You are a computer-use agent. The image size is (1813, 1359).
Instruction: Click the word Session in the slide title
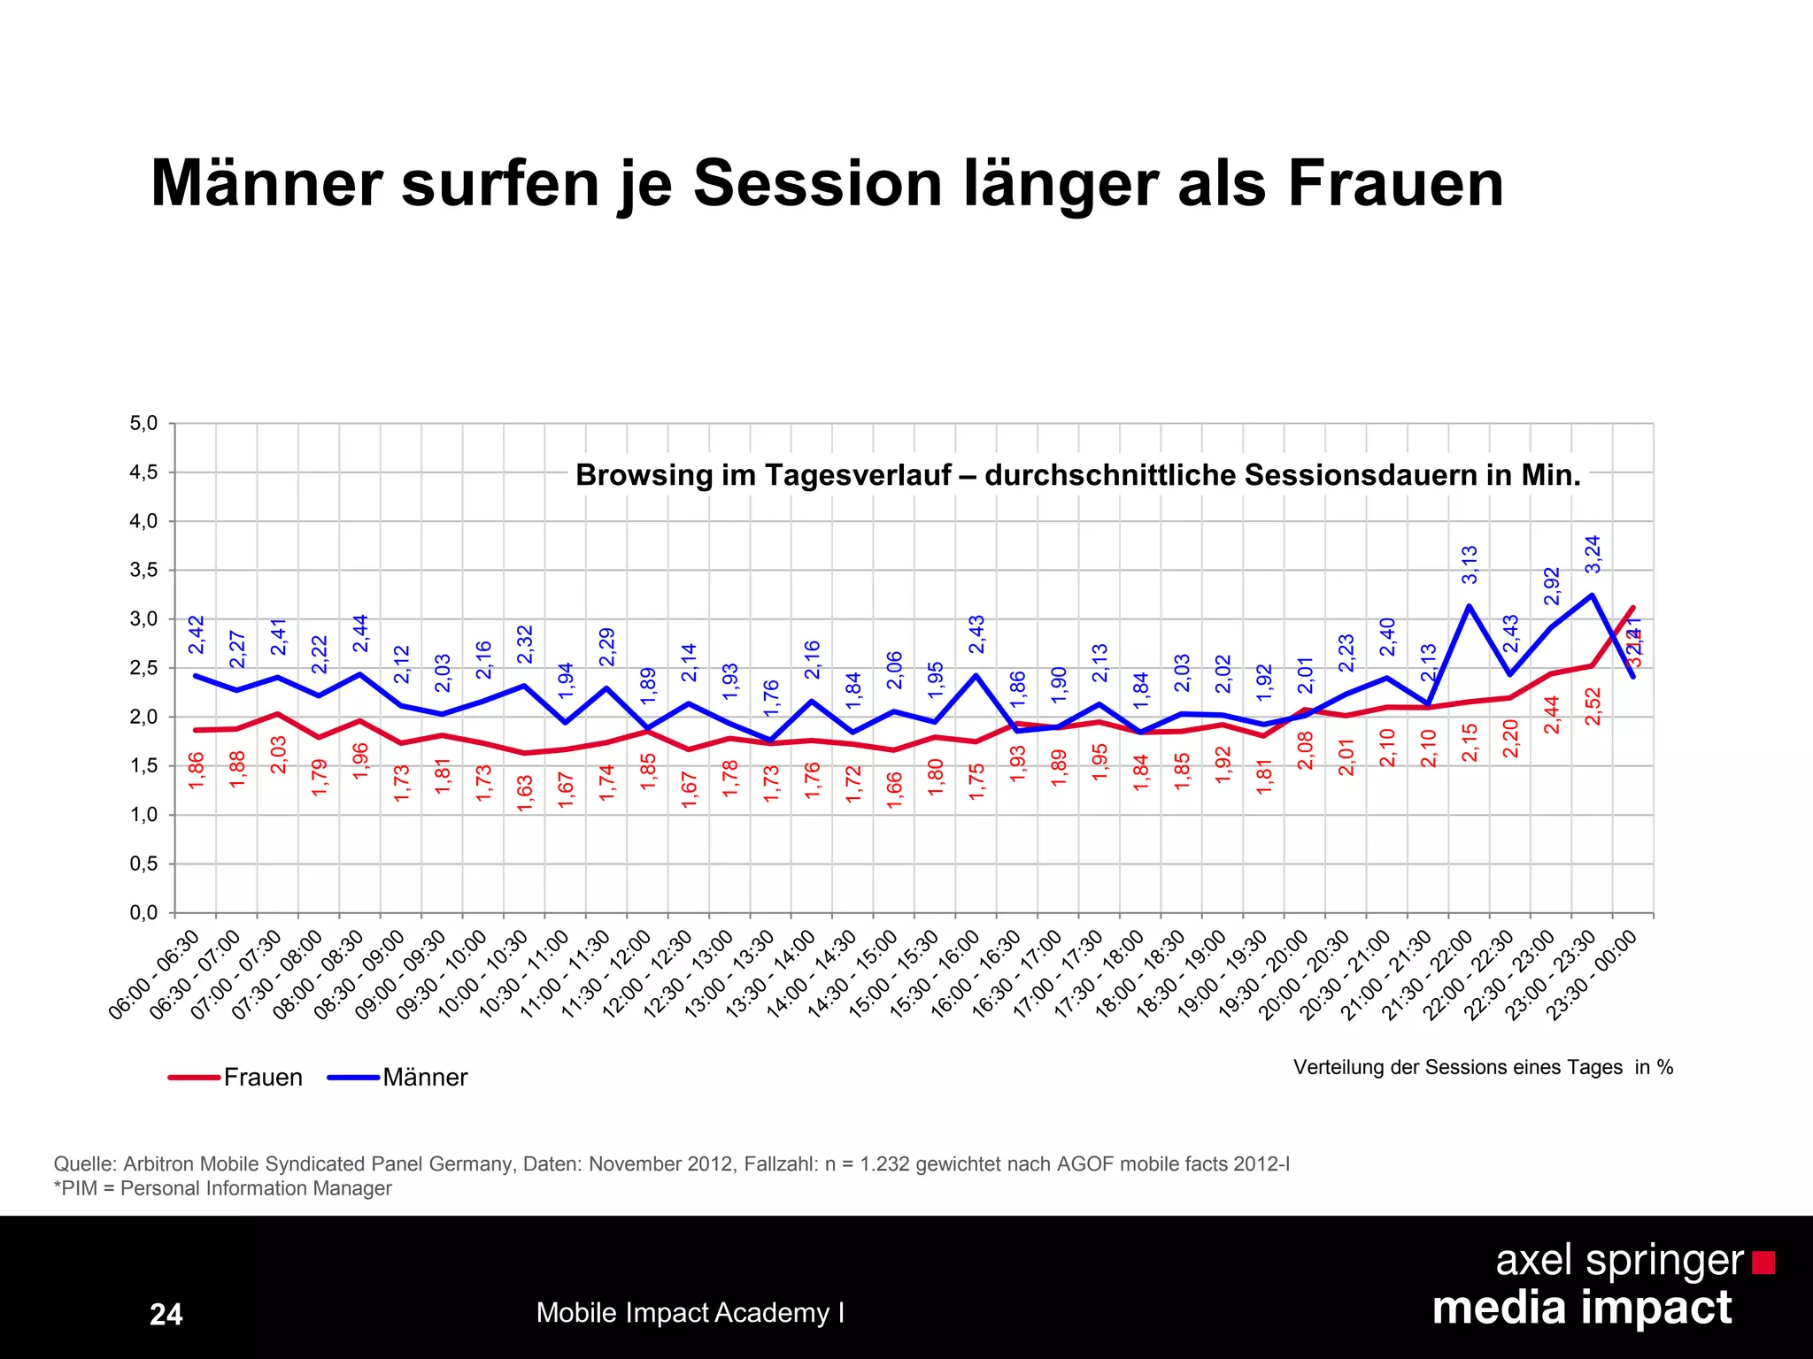coord(817,183)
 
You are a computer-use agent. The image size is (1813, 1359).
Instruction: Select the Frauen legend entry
coord(262,1077)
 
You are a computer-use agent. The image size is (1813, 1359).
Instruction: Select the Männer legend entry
coord(424,1077)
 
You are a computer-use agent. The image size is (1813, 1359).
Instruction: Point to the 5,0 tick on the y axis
coord(144,424)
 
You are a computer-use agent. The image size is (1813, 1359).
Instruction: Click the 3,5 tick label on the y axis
coord(144,571)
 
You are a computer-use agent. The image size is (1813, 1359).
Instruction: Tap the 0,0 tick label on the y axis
coord(144,913)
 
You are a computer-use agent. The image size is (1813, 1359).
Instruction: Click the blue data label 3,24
coord(1593,554)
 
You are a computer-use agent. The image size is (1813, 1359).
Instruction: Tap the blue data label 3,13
coord(1470,564)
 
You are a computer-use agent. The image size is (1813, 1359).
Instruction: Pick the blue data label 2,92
coord(1552,586)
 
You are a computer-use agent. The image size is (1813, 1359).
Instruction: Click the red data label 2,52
coord(1593,706)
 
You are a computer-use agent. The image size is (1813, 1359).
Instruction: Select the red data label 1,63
coord(525,793)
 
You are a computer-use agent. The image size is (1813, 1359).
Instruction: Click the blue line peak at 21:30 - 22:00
coord(1469,606)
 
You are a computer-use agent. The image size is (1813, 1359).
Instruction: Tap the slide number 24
coord(166,1314)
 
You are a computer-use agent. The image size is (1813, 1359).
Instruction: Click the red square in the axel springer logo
coord(1763,1262)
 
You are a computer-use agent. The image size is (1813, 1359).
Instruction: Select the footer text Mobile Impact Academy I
coord(690,1312)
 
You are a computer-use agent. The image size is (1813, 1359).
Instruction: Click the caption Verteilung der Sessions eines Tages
coord(1457,1067)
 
